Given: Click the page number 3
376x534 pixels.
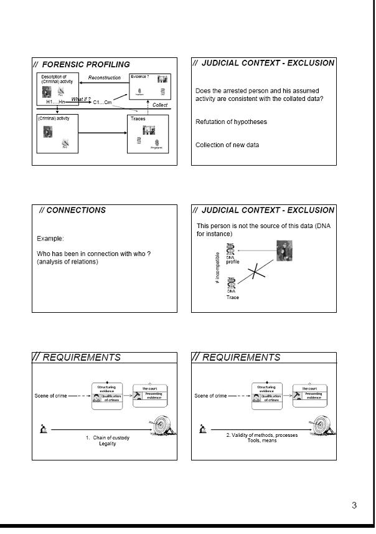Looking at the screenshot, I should (354, 505).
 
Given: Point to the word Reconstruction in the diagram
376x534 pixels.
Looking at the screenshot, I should (105, 78).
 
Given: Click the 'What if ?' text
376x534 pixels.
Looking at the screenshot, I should (81, 98).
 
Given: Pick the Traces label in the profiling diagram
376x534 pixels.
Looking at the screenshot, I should (138, 118).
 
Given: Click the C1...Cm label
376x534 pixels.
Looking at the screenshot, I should (102, 102).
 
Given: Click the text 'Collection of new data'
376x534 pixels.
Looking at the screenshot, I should (227, 145).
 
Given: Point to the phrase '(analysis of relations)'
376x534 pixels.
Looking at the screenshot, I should (67, 262).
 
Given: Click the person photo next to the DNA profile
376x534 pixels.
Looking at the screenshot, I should (284, 250).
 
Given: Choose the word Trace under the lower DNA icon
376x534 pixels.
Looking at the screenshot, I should (232, 298).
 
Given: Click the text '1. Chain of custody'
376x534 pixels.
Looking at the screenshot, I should (108, 437).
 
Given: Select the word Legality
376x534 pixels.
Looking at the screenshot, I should (108, 444).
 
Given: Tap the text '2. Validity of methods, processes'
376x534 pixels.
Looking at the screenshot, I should (261, 435).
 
